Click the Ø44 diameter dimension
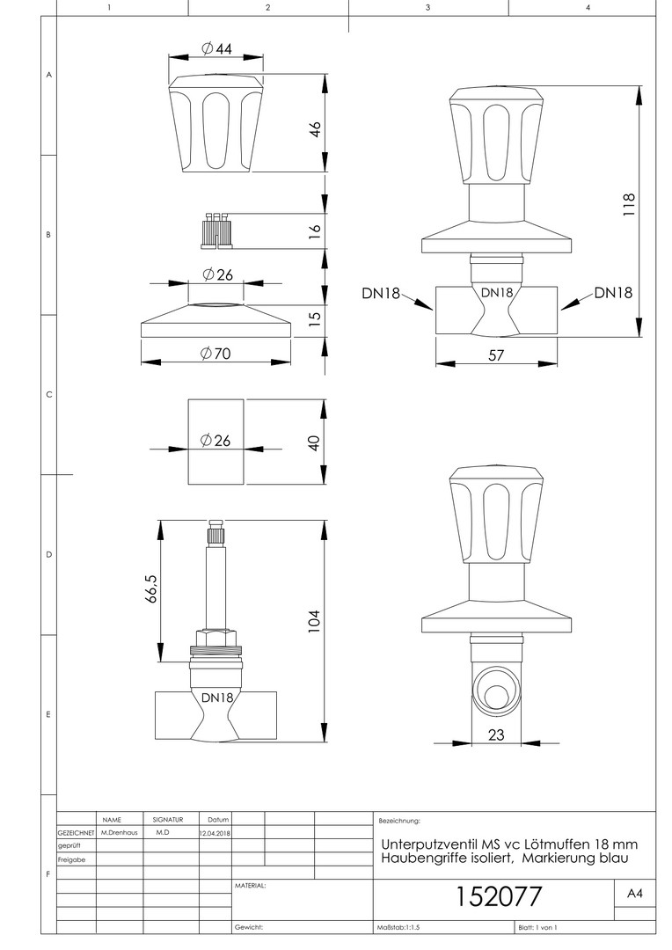click(216, 48)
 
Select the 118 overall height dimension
click(628, 204)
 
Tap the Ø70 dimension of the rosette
click(215, 353)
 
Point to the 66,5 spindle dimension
click(151, 588)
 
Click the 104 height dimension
click(313, 622)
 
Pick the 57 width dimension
click(496, 355)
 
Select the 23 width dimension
click(496, 734)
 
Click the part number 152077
click(498, 896)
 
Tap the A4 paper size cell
click(634, 894)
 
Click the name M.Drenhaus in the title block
click(120, 832)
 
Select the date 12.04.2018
click(215, 833)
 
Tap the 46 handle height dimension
click(315, 129)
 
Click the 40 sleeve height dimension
click(314, 442)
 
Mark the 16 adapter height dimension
click(314, 230)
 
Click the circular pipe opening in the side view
click(496, 695)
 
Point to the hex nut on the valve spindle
click(215, 638)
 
